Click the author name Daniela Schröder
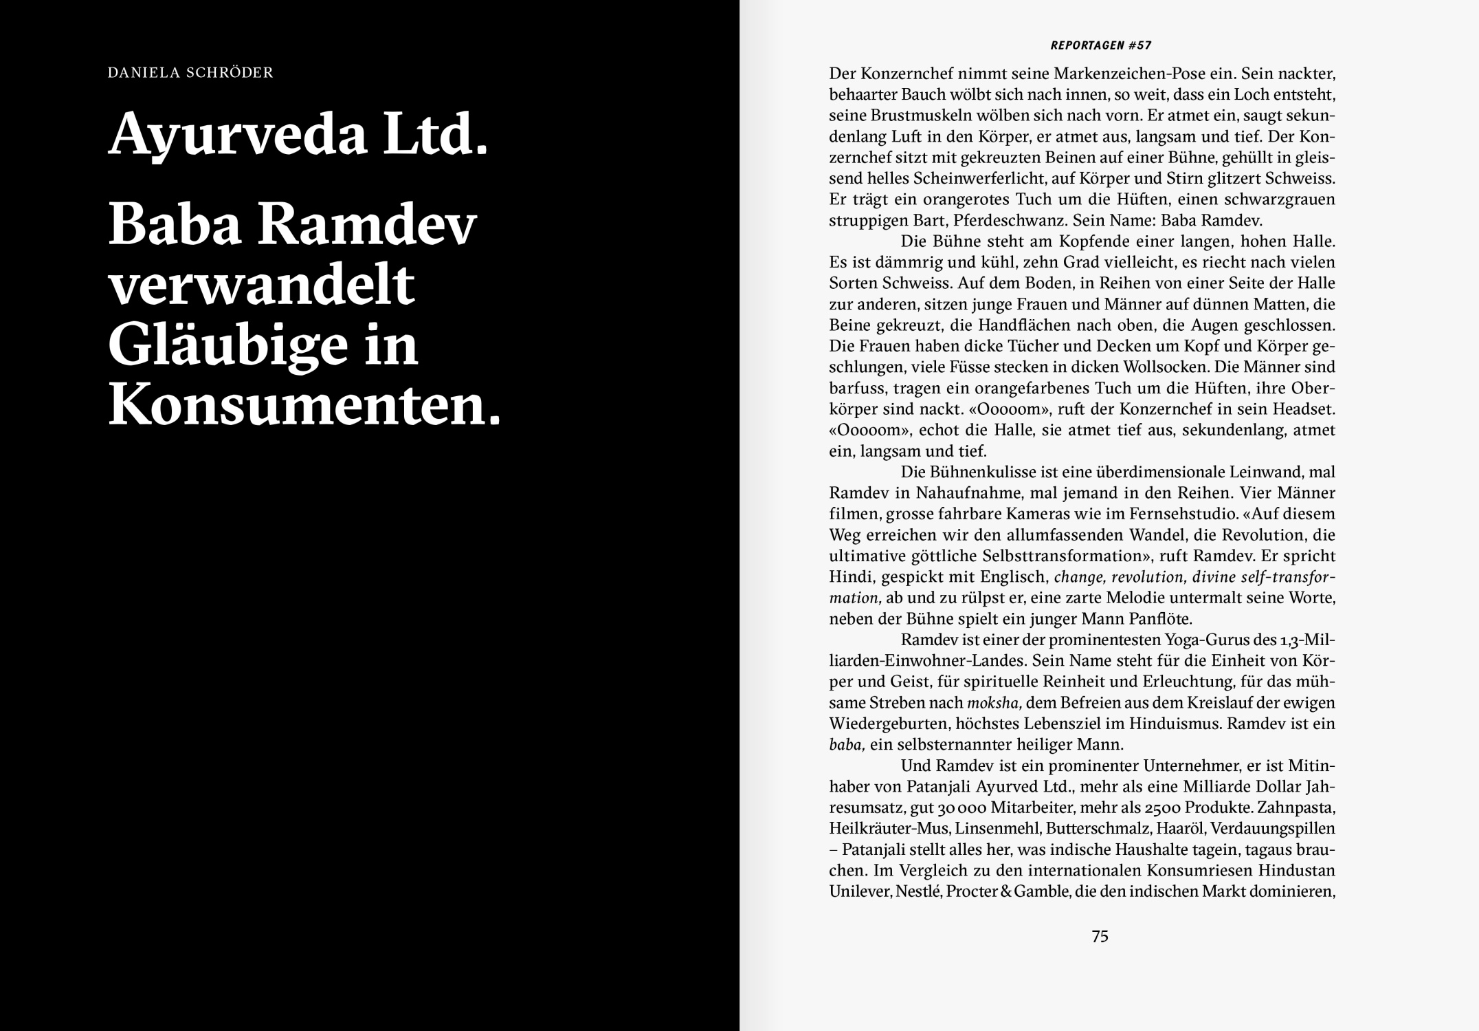[190, 72]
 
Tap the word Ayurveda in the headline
[237, 134]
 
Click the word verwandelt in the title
[262, 285]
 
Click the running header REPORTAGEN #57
[1101, 46]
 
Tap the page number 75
[1100, 936]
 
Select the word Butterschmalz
[1102, 829]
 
